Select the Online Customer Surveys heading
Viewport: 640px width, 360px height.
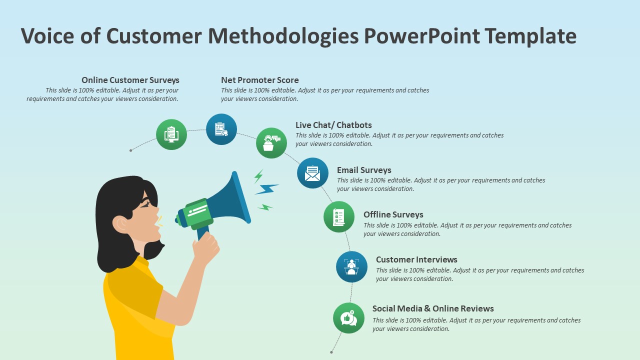click(130, 80)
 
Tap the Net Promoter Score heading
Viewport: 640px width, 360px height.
click(259, 80)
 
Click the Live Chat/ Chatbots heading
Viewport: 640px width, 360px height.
click(333, 125)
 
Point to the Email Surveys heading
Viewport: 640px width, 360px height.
click(364, 170)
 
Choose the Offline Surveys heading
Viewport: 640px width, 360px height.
click(393, 214)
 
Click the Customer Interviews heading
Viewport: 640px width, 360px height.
click(416, 259)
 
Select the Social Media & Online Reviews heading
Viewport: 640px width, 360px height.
click(433, 308)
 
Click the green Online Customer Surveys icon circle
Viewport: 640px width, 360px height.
click(171, 134)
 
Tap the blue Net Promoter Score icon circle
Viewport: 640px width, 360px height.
click(221, 129)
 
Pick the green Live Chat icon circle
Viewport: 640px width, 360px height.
click(271, 143)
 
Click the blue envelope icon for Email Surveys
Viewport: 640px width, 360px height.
click(312, 173)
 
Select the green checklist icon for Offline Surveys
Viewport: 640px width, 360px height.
click(339, 216)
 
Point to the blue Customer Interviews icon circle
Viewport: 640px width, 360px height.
click(351, 266)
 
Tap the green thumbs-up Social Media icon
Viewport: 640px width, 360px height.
click(348, 318)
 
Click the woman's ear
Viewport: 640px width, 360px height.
click(120, 224)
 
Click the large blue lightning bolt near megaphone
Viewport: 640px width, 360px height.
click(266, 189)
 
